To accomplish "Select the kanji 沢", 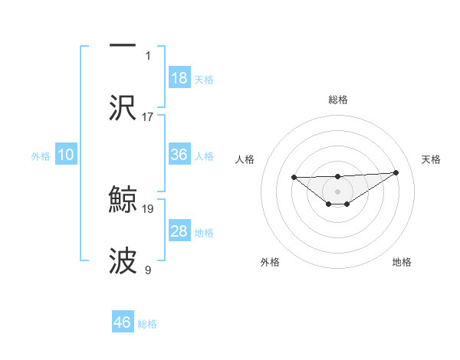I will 123,107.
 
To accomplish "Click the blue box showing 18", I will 179,78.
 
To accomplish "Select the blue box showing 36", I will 179,155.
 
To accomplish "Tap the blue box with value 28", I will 179,231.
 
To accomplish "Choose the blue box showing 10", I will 66,155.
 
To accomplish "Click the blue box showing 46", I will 123,322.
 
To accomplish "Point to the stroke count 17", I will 148,116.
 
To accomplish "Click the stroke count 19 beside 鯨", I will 148,208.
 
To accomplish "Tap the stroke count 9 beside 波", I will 148,270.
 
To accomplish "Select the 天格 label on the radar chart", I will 431,159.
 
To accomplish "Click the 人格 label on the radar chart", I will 245,159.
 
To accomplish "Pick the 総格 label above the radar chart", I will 338,100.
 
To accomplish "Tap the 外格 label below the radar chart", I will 270,262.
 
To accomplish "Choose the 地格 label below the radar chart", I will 402,262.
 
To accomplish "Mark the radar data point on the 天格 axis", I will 396,173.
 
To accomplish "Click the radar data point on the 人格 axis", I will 294,178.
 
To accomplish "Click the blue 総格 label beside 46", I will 147,324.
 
